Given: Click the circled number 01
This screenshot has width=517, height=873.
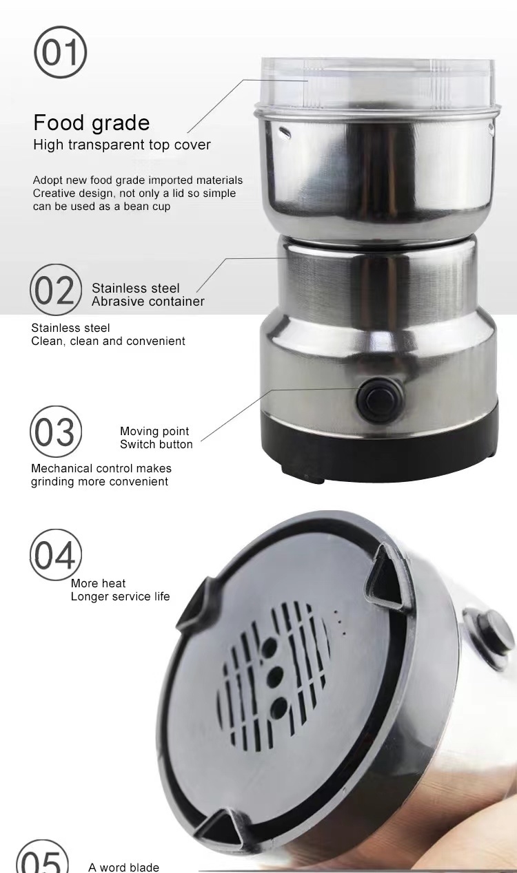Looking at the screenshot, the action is coord(61,52).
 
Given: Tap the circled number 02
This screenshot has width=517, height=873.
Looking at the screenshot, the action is coord(56,291).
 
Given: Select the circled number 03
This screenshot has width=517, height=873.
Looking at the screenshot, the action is coord(56,432).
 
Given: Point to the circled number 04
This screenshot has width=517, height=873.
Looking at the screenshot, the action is coord(56,555).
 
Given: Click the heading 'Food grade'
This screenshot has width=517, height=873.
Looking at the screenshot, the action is coord(92,123).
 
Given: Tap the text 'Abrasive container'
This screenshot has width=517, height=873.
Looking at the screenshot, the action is coord(148,302).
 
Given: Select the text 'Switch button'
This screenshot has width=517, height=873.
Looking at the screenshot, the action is coord(156,444).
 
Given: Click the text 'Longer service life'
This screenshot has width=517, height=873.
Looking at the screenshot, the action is coord(120,596).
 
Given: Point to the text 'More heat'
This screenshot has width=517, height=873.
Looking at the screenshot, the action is coord(98,583).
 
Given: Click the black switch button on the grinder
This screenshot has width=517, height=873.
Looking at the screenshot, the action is coord(380,401).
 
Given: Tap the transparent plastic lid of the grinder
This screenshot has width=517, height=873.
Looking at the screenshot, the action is coord(378,83).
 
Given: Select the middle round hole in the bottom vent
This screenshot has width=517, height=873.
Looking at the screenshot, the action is coord(276,676).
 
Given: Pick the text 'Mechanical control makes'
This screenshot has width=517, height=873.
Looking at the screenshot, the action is coord(101,468).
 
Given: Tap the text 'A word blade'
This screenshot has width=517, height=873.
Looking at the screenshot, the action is coord(123,867).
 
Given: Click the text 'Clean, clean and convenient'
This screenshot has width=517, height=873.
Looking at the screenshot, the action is coord(108,341).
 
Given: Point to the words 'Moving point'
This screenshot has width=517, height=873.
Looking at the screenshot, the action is coord(154,431).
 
